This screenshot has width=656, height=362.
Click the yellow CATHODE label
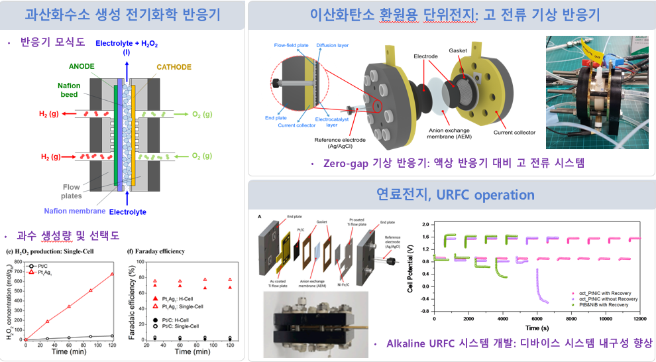click(174, 67)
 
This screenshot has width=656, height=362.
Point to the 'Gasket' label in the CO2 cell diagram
click(458, 50)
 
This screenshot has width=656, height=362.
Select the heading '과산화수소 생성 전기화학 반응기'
click(123, 15)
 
